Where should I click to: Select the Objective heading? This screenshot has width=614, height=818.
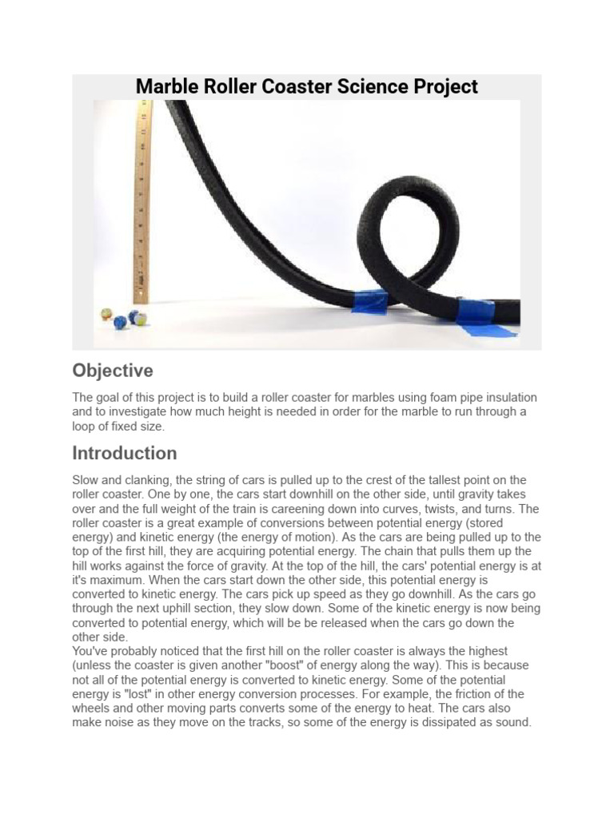(112, 371)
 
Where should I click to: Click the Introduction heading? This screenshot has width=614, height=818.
(124, 453)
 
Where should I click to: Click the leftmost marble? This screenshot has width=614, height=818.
(106, 314)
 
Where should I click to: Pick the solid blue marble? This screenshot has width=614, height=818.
(120, 322)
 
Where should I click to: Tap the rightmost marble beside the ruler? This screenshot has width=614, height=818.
(138, 318)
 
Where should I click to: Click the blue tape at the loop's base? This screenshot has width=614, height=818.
(369, 301)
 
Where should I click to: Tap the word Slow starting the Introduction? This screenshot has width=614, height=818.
(86, 480)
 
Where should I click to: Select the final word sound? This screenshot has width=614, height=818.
(512, 723)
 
